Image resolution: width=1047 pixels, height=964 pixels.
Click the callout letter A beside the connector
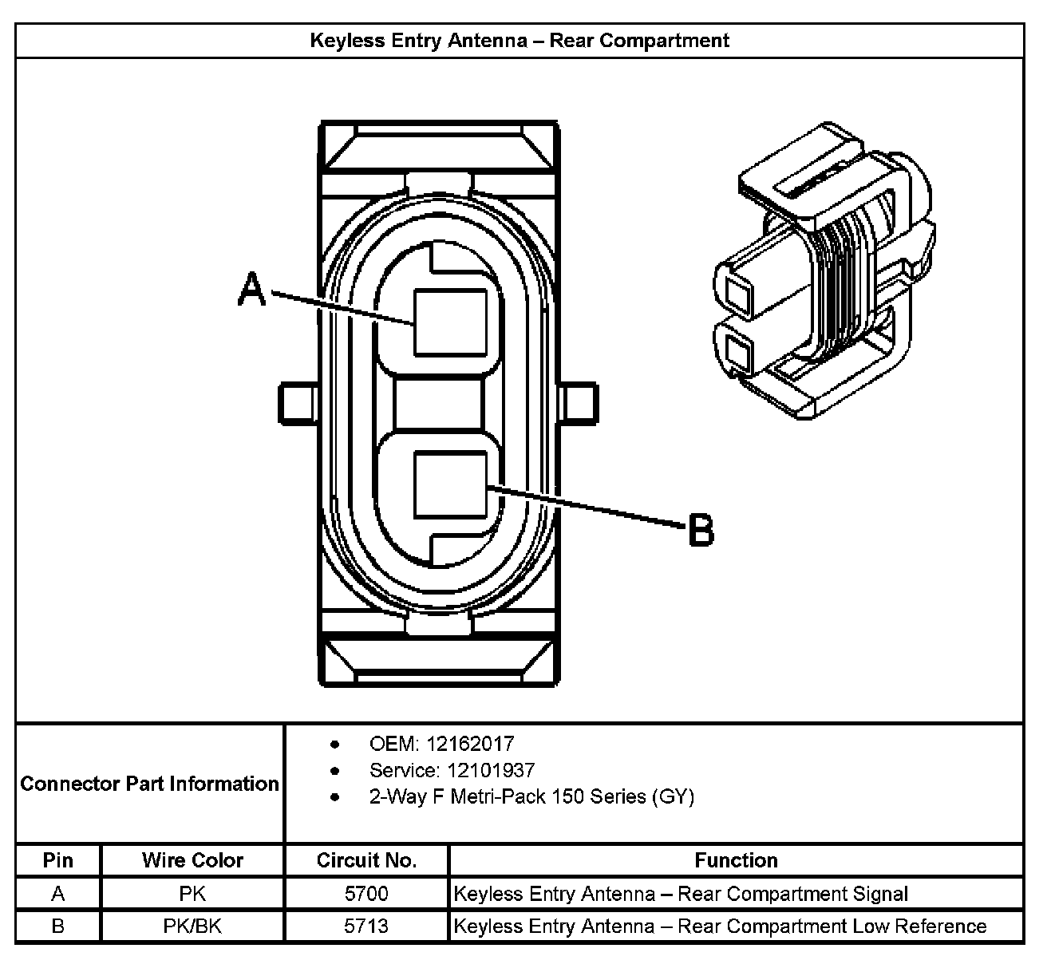click(x=252, y=289)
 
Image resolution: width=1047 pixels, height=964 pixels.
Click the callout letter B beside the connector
click(x=701, y=530)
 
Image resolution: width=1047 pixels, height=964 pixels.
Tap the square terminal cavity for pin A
click(x=450, y=322)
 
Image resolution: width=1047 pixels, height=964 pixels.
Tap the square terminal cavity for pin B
click(x=451, y=484)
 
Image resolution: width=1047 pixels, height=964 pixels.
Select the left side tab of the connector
click(x=296, y=403)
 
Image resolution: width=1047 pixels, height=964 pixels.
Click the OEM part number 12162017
click(x=470, y=744)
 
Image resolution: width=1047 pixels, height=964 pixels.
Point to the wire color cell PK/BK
click(x=192, y=926)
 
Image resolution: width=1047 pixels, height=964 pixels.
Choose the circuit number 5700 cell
click(x=366, y=894)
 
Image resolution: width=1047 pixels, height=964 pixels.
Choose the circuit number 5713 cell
click(x=366, y=926)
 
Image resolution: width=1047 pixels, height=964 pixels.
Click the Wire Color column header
click(x=192, y=860)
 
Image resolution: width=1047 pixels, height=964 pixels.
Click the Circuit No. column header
click(x=366, y=860)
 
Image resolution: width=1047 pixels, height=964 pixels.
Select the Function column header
click(x=736, y=860)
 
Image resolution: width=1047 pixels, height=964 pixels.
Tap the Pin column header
click(x=58, y=860)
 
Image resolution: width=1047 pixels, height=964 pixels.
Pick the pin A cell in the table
click(x=58, y=894)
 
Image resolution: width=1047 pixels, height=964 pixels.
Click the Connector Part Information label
click(x=150, y=784)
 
